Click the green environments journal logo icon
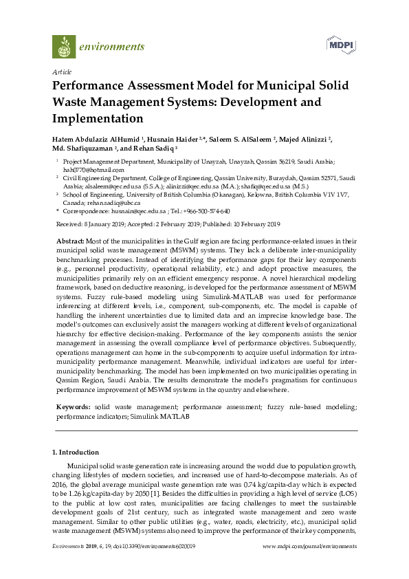(64, 46)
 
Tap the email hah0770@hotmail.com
(85, 169)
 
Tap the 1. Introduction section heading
(76, 452)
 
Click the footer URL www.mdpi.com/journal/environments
(310, 546)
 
